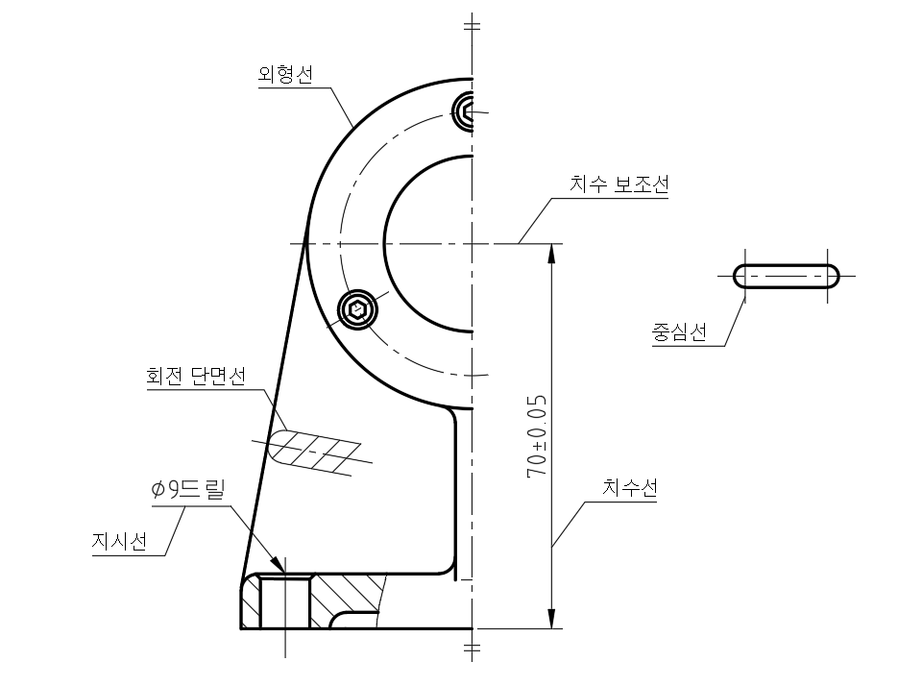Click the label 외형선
click(x=284, y=75)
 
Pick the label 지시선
click(x=119, y=542)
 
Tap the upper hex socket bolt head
click(x=466, y=110)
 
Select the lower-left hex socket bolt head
click(x=357, y=309)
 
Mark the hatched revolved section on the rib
click(x=312, y=449)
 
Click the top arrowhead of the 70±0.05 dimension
click(x=551, y=252)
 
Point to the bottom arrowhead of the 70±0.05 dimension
click(x=551, y=619)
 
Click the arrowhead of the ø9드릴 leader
click(x=279, y=565)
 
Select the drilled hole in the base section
click(x=285, y=602)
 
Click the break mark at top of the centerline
click(x=471, y=24)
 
